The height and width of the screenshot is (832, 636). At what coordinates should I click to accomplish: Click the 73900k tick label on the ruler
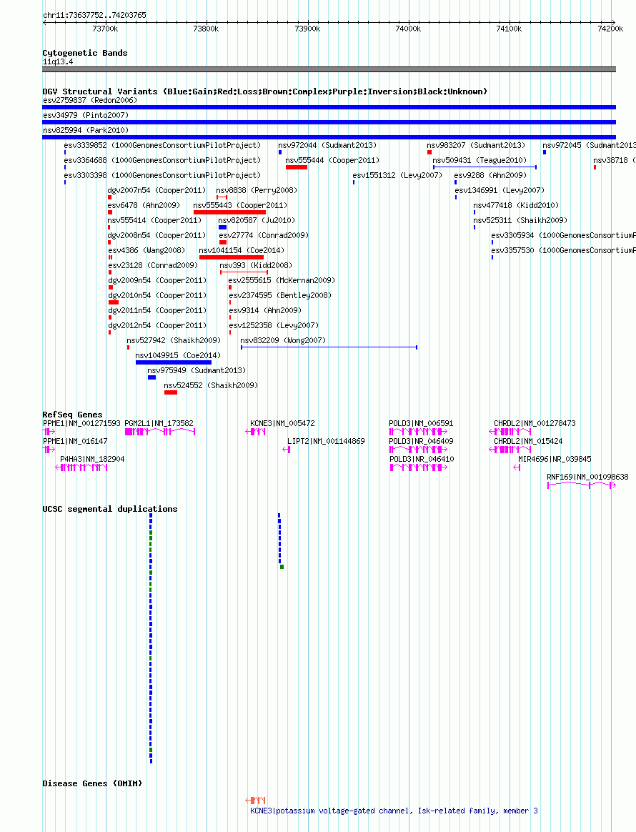tap(307, 29)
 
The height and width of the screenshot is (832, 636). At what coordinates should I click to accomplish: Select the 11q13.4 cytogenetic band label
tap(58, 61)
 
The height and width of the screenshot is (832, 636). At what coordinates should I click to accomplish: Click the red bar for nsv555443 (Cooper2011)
tap(229, 212)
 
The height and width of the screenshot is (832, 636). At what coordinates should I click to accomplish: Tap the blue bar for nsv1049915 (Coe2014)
tap(174, 362)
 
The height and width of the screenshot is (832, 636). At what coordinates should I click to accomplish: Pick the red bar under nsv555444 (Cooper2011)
tap(297, 167)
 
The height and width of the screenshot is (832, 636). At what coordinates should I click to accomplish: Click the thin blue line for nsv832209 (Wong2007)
tap(329, 347)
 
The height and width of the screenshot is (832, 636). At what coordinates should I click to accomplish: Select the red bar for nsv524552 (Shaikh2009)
tap(170, 392)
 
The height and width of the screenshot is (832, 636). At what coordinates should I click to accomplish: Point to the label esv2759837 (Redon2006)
tap(90, 100)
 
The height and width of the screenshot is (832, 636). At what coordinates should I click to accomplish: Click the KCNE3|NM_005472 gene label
tap(282, 423)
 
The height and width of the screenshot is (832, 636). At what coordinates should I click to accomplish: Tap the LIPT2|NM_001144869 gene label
tap(326, 441)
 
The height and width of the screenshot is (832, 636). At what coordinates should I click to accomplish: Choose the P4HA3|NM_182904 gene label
tap(92, 459)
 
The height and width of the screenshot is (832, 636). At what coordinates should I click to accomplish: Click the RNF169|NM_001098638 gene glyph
tap(582, 485)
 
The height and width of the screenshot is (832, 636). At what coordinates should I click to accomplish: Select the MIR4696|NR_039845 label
tap(555, 459)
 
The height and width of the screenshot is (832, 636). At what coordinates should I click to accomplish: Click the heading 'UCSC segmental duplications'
tap(110, 509)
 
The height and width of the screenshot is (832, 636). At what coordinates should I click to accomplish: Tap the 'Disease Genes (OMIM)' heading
tap(92, 783)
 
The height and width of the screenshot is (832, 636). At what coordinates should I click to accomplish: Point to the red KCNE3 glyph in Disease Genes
tap(255, 800)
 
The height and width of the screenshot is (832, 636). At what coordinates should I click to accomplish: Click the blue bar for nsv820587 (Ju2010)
tap(223, 227)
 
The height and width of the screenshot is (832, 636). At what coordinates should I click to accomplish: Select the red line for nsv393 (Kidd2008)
tap(244, 272)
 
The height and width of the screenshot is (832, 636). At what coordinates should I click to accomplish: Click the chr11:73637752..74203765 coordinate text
tap(94, 15)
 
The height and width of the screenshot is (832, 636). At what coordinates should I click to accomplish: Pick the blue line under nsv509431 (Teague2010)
tap(485, 167)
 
